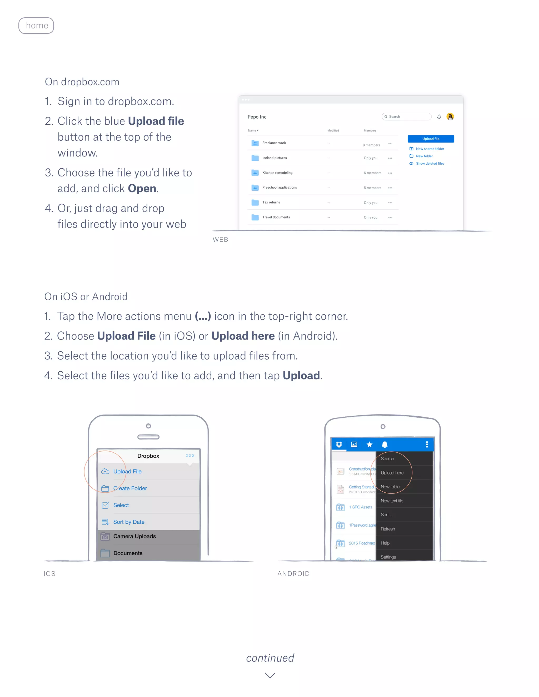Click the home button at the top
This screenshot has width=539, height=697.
pyautogui.click(x=36, y=26)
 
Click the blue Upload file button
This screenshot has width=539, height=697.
pyautogui.click(x=430, y=139)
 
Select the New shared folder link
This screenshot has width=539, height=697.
pyautogui.click(x=430, y=149)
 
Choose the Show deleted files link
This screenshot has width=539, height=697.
pyautogui.click(x=430, y=163)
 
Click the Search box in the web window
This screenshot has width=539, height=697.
pyautogui.click(x=406, y=117)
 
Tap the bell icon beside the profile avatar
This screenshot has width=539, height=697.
pyautogui.click(x=439, y=117)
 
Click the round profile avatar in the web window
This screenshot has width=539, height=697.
pyautogui.click(x=450, y=117)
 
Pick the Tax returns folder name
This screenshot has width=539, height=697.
pyautogui.click(x=271, y=202)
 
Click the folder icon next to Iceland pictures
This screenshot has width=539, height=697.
pyautogui.click(x=255, y=158)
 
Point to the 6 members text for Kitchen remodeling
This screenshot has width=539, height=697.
pyautogui.click(x=372, y=173)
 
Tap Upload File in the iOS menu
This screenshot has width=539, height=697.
pyautogui.click(x=127, y=471)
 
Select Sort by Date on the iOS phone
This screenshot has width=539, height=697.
pyautogui.click(x=129, y=522)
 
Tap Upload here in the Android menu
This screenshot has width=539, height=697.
pyautogui.click(x=392, y=473)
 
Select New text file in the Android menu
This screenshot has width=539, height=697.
pyautogui.click(x=392, y=501)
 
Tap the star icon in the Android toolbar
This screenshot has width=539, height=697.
pyautogui.click(x=370, y=445)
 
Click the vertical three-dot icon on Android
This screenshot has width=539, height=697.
pyautogui.click(x=427, y=445)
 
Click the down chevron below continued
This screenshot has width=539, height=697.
pyautogui.click(x=270, y=675)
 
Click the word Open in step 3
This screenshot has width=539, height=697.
pyautogui.click(x=142, y=189)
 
